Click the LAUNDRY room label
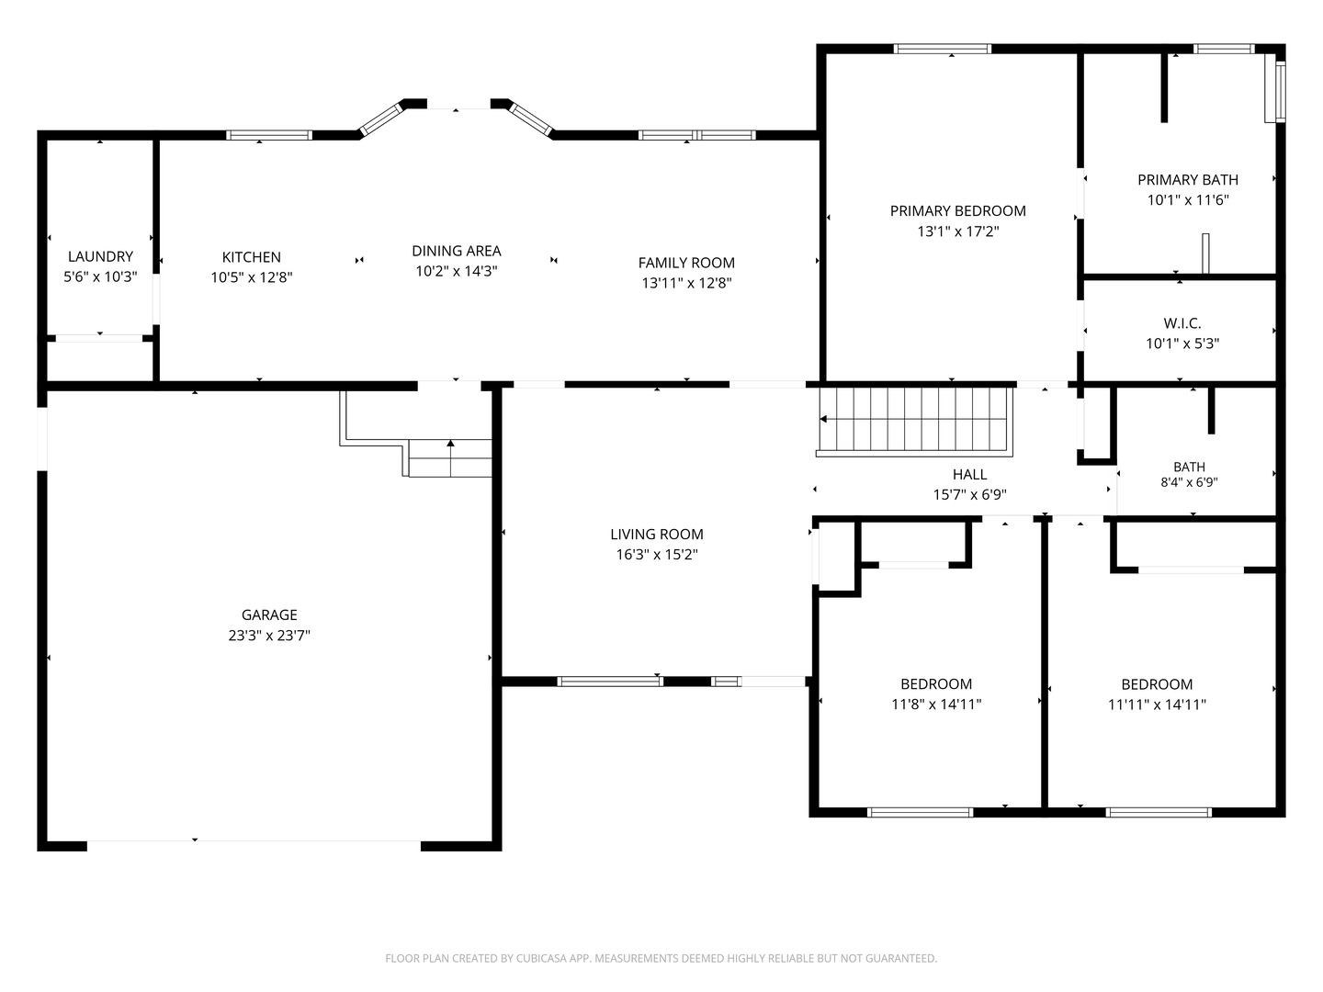tap(100, 256)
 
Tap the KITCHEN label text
tap(252, 257)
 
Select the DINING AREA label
tap(457, 251)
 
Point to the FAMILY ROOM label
tap(686, 263)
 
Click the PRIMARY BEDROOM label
tap(957, 211)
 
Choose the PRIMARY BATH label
tap(1188, 179)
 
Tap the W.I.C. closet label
tap(1182, 323)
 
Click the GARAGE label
tap(269, 615)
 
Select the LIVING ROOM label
tap(656, 535)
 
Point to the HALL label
tap(970, 475)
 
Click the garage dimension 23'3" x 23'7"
tap(269, 636)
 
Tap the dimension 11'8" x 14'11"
tap(936, 705)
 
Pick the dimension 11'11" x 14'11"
tap(1157, 705)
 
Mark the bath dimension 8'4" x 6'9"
tap(1189, 482)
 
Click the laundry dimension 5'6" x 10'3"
tap(100, 277)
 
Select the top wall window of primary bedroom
tap(942, 49)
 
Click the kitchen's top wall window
tap(269, 135)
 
